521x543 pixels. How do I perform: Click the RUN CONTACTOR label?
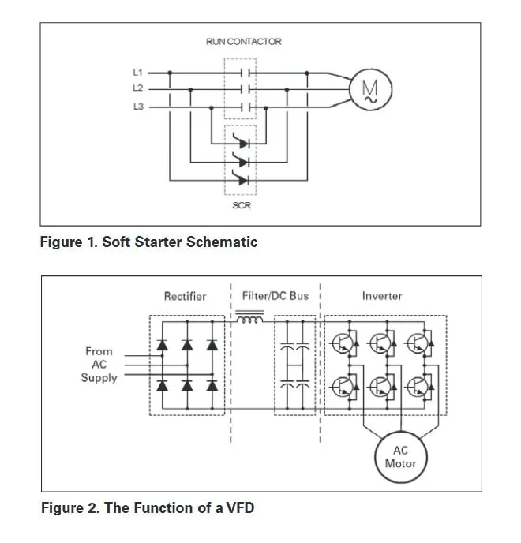coord(243,41)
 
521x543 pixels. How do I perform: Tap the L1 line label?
coord(138,73)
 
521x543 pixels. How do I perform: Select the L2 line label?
coord(138,88)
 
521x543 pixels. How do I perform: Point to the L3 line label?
coord(138,106)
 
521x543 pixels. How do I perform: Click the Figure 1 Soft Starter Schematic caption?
coord(148,242)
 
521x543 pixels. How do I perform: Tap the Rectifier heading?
coord(185,296)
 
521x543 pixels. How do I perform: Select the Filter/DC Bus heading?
coord(276,296)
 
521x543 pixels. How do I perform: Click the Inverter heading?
coord(382,296)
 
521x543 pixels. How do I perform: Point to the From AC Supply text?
coord(99,365)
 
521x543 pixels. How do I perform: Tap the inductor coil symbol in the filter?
coord(249,320)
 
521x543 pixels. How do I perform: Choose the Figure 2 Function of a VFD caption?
coord(148,508)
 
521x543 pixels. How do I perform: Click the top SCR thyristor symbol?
coord(241,143)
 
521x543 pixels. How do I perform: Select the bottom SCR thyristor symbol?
coord(241,178)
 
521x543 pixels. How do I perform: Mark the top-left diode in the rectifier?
coord(163,345)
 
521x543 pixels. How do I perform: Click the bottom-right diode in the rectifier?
coord(212,386)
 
